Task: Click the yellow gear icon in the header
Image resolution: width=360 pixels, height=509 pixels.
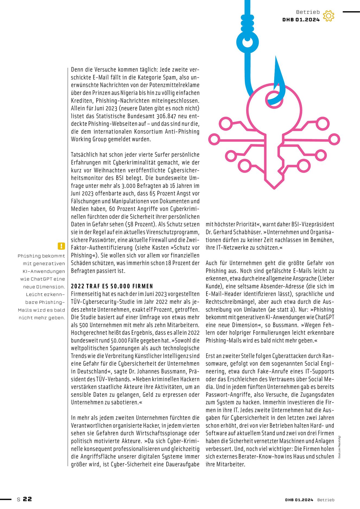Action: [x=329, y=16]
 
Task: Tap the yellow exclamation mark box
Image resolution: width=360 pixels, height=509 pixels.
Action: [x=61, y=246]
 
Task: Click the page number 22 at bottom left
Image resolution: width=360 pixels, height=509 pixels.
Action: [x=27, y=499]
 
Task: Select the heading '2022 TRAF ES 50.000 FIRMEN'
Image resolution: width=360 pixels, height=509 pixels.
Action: [x=112, y=286]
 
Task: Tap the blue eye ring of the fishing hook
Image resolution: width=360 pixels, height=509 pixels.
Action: [x=247, y=42]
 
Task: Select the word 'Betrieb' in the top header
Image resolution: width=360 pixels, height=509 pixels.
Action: [x=308, y=12]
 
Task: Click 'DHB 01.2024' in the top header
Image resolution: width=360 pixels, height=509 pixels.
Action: [x=301, y=20]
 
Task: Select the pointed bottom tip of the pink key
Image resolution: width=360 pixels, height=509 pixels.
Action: [x=274, y=188]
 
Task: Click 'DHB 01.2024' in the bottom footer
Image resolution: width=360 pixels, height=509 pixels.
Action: [x=299, y=500]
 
